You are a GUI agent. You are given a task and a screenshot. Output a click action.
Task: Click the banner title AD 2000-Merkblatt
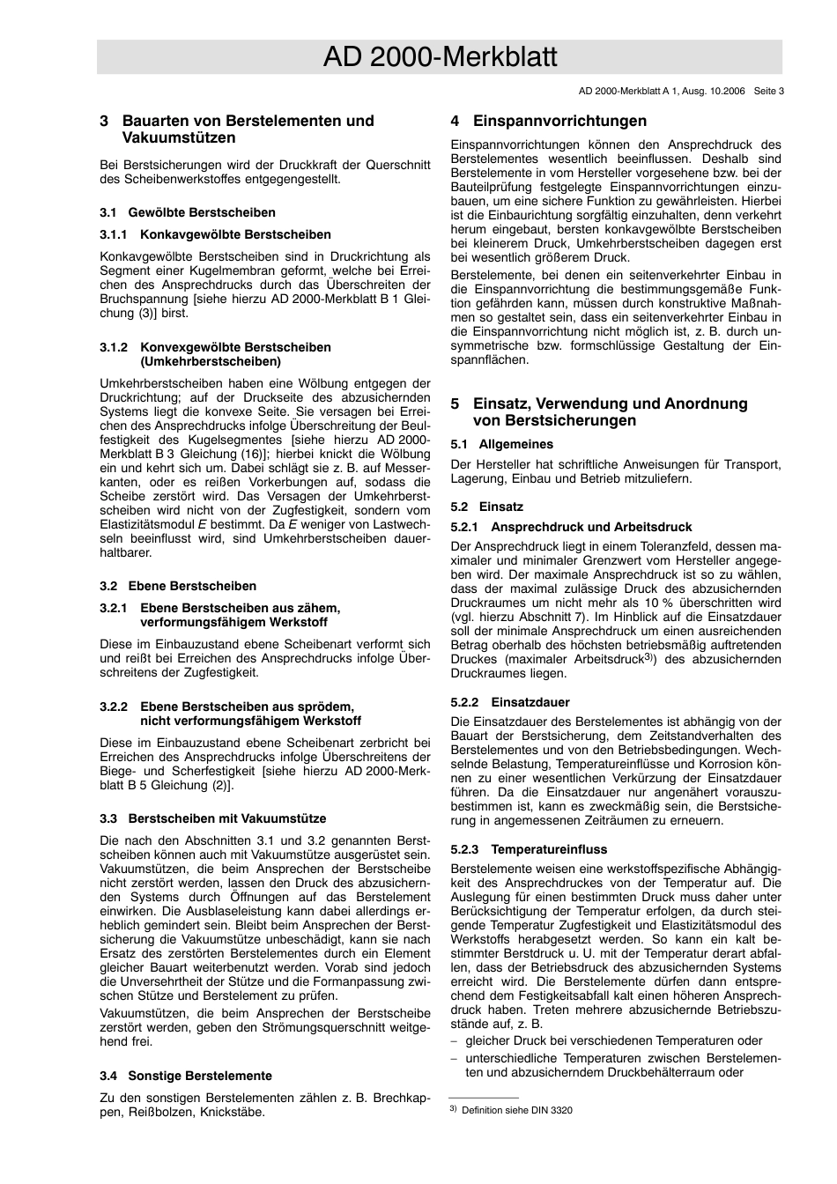(440, 58)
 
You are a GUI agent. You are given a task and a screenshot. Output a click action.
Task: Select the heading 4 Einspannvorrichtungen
(548, 122)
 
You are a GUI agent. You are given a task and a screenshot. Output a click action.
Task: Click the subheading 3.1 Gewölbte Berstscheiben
(188, 212)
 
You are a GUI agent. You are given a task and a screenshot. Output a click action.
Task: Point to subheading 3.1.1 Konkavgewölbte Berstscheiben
(215, 234)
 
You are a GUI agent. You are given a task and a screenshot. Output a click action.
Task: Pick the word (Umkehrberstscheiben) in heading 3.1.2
(211, 361)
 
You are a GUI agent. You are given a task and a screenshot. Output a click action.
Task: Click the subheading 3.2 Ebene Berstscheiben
(178, 586)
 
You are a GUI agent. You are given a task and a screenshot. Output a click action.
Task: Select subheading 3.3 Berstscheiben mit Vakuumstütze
(212, 818)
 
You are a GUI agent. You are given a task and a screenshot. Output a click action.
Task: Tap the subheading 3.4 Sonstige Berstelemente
(186, 1076)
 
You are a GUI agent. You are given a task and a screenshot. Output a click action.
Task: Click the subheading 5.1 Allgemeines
(501, 444)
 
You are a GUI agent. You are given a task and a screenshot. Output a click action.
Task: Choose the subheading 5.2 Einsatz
(486, 507)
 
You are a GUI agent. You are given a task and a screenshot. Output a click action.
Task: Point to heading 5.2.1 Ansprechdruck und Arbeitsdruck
(571, 527)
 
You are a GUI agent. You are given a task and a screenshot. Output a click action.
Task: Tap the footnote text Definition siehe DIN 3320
(516, 1110)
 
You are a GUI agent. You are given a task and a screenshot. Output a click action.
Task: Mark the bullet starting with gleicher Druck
(613, 1040)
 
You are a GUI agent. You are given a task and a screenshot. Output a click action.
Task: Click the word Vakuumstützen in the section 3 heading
(179, 138)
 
